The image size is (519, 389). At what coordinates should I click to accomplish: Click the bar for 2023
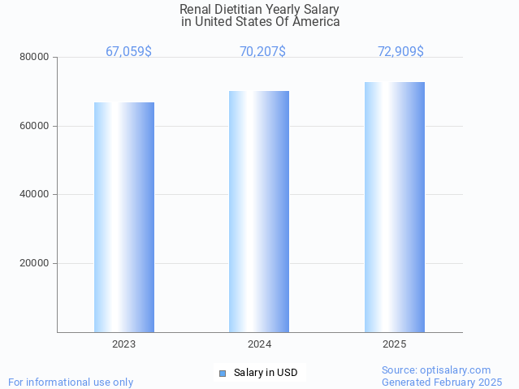pyautogui.click(x=124, y=217)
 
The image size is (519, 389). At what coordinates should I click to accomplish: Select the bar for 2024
pyautogui.click(x=259, y=211)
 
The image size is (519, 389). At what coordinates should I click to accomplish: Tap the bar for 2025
pyautogui.click(x=395, y=207)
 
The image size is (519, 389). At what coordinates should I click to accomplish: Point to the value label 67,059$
pyautogui.click(x=128, y=51)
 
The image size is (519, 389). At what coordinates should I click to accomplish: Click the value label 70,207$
pyautogui.click(x=262, y=51)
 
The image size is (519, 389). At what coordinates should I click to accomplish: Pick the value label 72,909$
pyautogui.click(x=400, y=51)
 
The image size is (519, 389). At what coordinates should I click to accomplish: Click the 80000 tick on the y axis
pyautogui.click(x=35, y=57)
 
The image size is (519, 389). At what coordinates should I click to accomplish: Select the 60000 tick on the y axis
pyautogui.click(x=35, y=126)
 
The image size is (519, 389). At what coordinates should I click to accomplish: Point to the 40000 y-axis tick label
pyautogui.click(x=35, y=194)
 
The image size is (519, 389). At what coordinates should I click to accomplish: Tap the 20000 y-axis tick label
pyautogui.click(x=35, y=263)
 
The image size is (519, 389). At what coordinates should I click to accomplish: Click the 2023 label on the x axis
pyautogui.click(x=124, y=344)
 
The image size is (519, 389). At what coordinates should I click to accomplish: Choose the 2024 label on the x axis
pyautogui.click(x=259, y=344)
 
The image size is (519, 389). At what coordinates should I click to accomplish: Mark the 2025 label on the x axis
pyautogui.click(x=395, y=344)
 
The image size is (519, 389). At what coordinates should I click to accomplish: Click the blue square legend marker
pyautogui.click(x=223, y=374)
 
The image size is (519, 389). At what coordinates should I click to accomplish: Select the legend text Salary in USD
pyautogui.click(x=266, y=373)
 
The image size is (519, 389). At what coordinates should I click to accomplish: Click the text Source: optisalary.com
pyautogui.click(x=436, y=370)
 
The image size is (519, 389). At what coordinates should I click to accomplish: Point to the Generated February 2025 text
pyautogui.click(x=442, y=382)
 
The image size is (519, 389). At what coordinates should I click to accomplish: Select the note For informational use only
pyautogui.click(x=71, y=382)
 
